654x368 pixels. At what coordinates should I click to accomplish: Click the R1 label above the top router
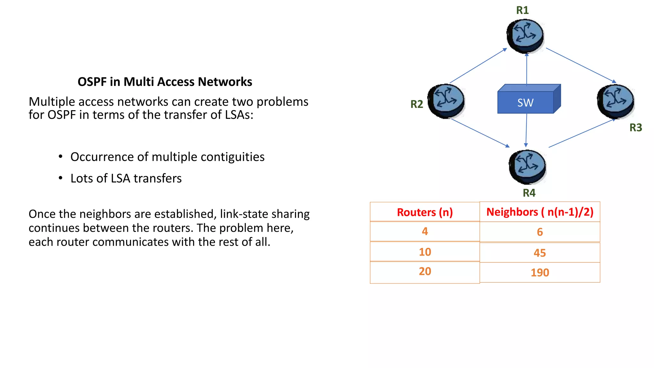click(x=522, y=10)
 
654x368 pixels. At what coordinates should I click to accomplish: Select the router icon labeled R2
click(x=446, y=101)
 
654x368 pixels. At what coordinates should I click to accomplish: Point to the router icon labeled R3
click(x=615, y=101)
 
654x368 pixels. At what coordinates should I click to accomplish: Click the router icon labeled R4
click(x=527, y=167)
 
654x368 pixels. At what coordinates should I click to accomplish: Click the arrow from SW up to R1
click(x=527, y=69)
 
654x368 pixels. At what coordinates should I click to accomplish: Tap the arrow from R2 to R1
click(x=478, y=66)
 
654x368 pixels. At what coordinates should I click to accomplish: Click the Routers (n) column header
click(x=425, y=212)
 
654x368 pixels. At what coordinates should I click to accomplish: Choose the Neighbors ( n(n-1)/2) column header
click(x=540, y=212)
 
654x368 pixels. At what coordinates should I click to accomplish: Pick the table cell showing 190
click(x=540, y=272)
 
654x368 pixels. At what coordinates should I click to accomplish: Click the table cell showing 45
click(x=540, y=253)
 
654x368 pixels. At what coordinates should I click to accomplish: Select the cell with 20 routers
click(x=425, y=272)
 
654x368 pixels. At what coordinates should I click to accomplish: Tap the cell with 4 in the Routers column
click(x=425, y=231)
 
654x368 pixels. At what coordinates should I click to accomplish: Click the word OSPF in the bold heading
click(x=92, y=82)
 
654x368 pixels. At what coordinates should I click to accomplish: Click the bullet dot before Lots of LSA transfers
click(x=60, y=178)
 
